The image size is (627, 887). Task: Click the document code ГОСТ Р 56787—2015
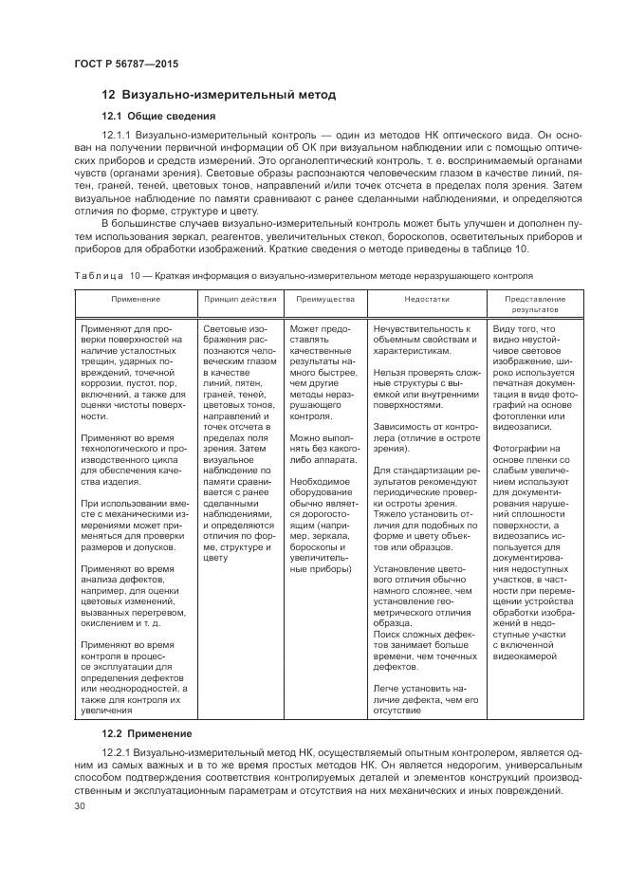click(125, 64)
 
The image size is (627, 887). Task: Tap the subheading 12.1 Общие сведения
click(158, 116)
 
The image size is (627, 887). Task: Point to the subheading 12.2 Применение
click(147, 733)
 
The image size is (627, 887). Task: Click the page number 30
click(79, 805)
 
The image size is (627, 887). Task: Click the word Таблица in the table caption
click(99, 275)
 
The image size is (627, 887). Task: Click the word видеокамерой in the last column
click(527, 656)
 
